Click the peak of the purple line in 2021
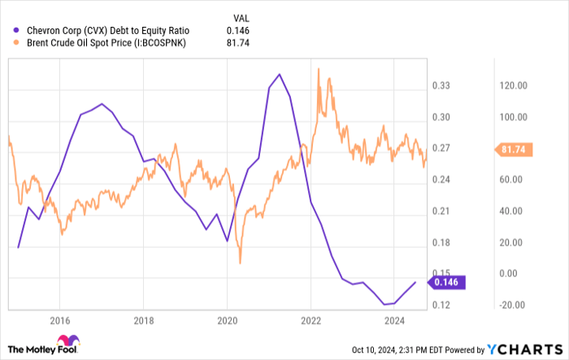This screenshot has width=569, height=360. (x=279, y=74)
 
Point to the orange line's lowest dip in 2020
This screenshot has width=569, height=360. (x=241, y=262)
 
